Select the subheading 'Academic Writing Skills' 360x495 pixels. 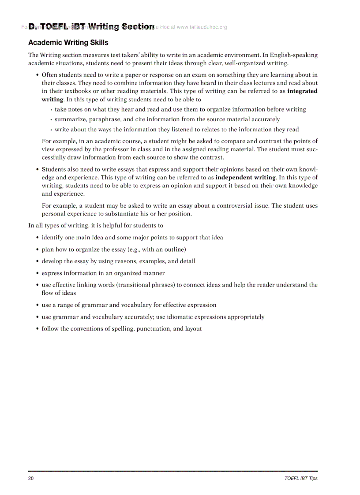click(x=68, y=43)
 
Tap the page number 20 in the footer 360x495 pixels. click(x=31, y=478)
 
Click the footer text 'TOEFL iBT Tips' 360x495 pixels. click(x=301, y=478)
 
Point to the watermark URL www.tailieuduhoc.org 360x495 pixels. click(x=202, y=27)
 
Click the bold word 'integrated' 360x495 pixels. click(x=302, y=91)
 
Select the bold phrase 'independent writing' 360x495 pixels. click(x=245, y=177)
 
